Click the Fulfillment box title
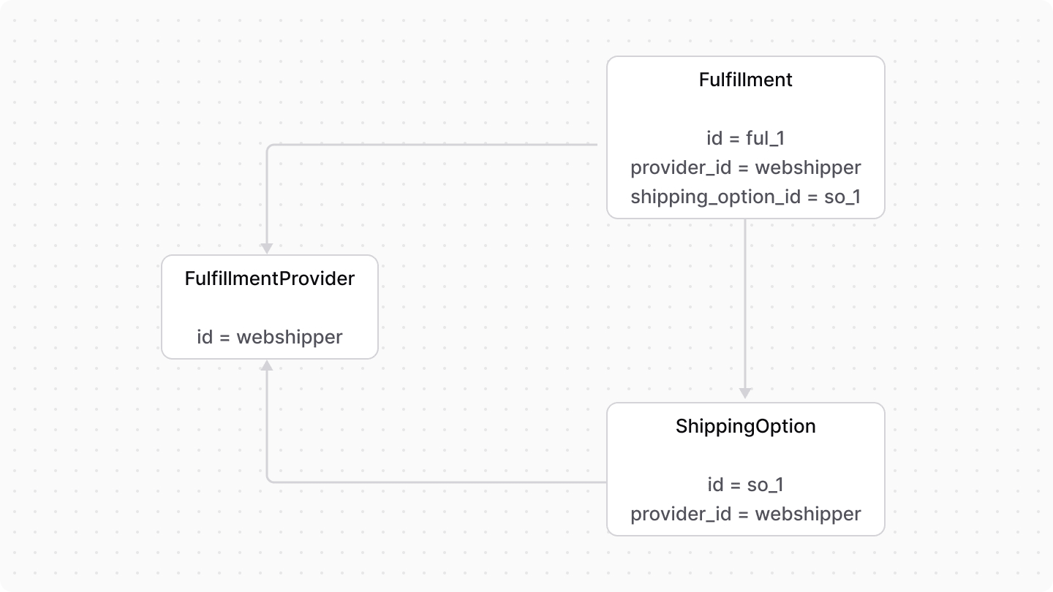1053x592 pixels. (745, 80)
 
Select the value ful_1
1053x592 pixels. (764, 138)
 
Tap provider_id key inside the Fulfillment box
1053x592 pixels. (681, 167)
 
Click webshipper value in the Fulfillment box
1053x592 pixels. (808, 167)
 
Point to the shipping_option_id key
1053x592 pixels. (716, 197)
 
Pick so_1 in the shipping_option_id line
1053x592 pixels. (842, 197)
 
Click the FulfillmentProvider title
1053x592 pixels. (269, 278)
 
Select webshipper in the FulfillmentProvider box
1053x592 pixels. (289, 337)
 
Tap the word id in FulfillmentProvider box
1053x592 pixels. (205, 337)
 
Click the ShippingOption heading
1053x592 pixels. (745, 426)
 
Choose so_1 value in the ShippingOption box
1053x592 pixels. (764, 485)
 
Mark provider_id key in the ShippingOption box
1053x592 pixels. (681, 514)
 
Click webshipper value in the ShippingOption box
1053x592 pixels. (808, 514)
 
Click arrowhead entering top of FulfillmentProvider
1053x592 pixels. (268, 248)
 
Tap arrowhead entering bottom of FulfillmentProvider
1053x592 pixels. (268, 365)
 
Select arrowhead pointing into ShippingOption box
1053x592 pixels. (745, 394)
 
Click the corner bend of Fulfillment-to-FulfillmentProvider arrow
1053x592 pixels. (269, 146)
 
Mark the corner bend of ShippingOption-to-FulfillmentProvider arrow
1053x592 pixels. (269, 480)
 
